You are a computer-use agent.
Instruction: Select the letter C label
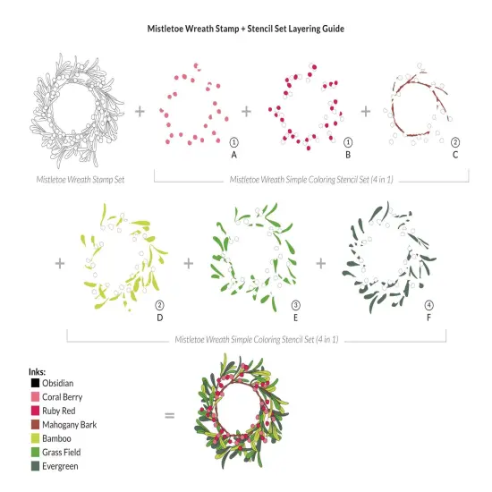[454, 154]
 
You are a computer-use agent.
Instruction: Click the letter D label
[160, 317]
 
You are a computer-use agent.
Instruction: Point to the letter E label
[294, 317]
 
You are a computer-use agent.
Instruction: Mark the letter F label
[428, 317]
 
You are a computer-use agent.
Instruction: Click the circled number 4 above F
[428, 304]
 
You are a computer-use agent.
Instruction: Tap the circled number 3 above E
[294, 304]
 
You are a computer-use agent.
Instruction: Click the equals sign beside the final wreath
[169, 415]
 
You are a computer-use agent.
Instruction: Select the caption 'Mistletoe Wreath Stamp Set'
[81, 179]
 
